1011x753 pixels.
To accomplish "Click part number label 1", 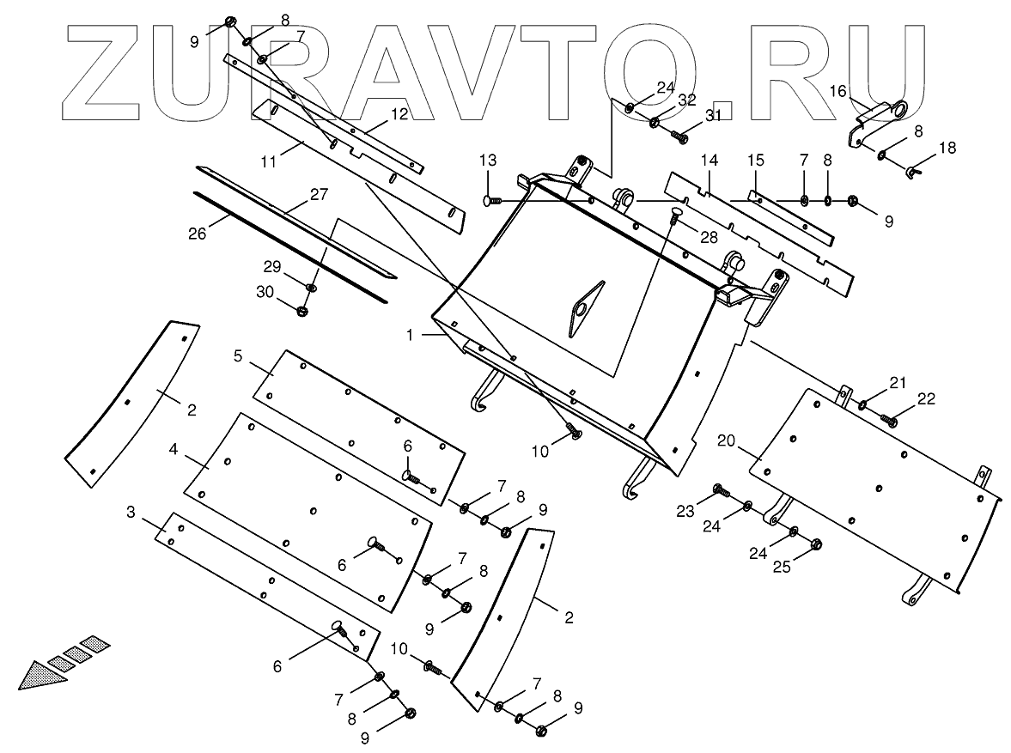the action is [410, 335].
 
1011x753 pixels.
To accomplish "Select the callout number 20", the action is [726, 441].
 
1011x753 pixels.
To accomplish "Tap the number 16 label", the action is [837, 92].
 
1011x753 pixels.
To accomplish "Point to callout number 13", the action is [488, 160].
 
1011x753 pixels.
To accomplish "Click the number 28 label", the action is [710, 238].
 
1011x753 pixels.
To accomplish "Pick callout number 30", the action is [265, 292].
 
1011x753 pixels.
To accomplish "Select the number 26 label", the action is [198, 234].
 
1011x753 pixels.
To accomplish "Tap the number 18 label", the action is [947, 148].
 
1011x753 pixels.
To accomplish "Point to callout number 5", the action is [238, 355].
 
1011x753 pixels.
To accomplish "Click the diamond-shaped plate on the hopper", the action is [586, 309].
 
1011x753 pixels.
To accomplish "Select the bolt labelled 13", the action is [493, 202].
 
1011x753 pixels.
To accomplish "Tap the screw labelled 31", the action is [679, 137].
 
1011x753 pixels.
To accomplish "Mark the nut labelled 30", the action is [301, 312].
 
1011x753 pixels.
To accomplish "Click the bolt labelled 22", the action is [889, 421].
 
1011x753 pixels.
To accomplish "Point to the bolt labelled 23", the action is [721, 490].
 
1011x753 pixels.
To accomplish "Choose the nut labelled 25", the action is [816, 544].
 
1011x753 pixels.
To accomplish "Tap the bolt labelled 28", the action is [674, 214].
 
